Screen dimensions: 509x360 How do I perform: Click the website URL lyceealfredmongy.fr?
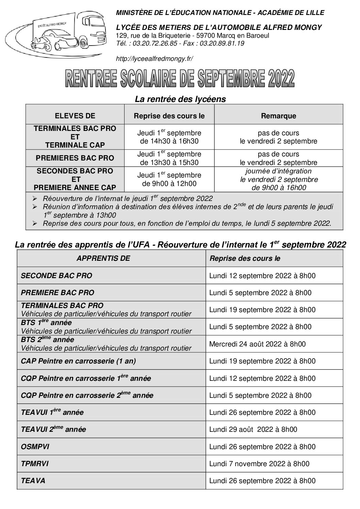154,59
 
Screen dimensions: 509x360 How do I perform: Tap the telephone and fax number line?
180,43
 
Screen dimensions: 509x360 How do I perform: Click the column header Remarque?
278,116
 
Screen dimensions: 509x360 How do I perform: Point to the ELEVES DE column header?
75,116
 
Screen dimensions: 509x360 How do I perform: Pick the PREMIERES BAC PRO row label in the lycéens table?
75,158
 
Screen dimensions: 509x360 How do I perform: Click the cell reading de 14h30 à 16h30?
169,141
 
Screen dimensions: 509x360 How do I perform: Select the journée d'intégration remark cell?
278,179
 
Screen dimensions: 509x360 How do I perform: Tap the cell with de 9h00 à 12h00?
169,184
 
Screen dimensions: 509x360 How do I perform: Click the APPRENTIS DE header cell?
103,258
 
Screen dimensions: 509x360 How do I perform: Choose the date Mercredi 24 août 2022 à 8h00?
257,344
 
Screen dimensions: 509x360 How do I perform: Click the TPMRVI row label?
35,464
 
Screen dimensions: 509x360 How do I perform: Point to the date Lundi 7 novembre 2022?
259,464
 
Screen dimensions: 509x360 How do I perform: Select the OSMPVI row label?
35,447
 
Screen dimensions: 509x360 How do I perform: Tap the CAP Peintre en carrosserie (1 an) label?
78,361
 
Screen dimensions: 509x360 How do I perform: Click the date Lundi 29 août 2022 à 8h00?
253,429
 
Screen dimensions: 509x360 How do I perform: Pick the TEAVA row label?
33,481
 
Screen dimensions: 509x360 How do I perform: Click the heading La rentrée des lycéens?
180,99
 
